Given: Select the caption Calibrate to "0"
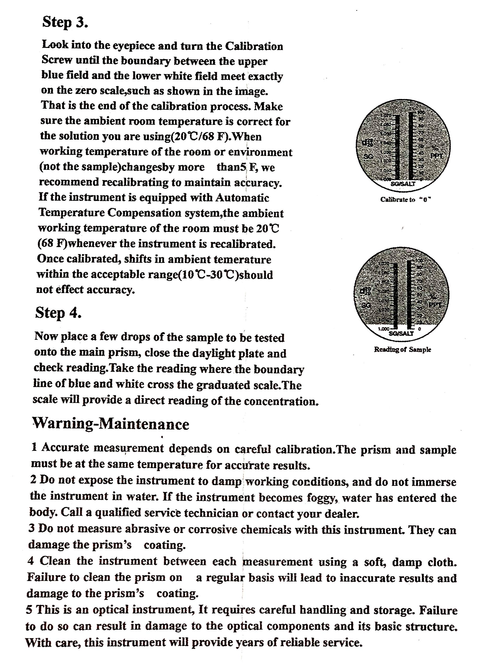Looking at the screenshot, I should pyautogui.click(x=406, y=200).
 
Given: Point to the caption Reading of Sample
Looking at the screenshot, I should pyautogui.click(x=402, y=350).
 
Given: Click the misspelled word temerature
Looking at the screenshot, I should pyautogui.click(x=242, y=260).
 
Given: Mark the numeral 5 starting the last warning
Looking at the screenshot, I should pyautogui.click(x=29, y=610).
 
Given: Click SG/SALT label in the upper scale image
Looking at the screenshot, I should pyautogui.click(x=403, y=184).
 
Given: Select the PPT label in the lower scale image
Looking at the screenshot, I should pyautogui.click(x=435, y=305).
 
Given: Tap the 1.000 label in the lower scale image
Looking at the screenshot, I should pyautogui.click(x=384, y=329).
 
